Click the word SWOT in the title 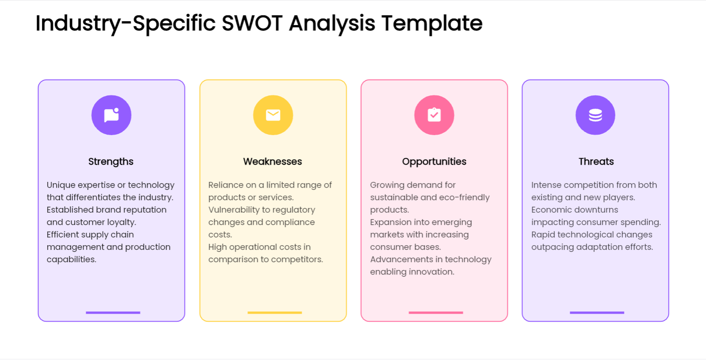[x=252, y=23]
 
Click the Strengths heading [x=111, y=162]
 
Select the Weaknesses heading [x=272, y=162]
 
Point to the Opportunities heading [x=434, y=162]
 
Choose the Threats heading [x=596, y=162]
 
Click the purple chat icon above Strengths [x=111, y=115]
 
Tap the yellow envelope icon [x=273, y=115]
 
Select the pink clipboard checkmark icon [x=434, y=115]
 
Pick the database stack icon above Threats [x=595, y=115]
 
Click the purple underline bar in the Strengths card [x=113, y=312]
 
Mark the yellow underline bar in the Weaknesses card [x=274, y=312]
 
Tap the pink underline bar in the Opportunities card [x=436, y=312]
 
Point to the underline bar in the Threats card [x=597, y=312]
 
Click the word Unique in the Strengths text [x=61, y=185]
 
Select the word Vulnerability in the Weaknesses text [x=240, y=210]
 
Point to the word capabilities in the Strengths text [x=72, y=260]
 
